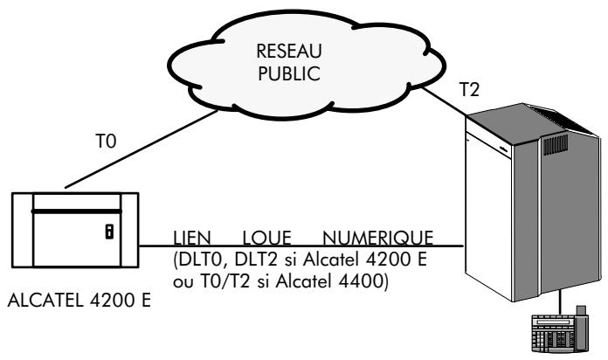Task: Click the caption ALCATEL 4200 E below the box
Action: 80,302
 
